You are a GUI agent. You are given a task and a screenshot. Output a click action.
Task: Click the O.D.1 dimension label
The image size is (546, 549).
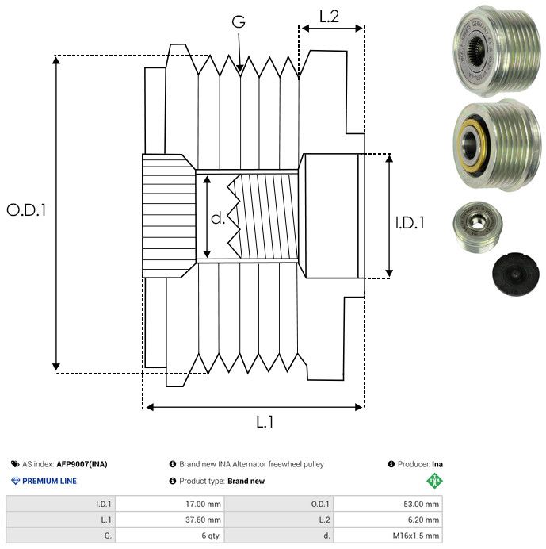(27, 211)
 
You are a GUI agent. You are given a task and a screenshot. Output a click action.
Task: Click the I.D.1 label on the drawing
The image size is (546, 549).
(410, 224)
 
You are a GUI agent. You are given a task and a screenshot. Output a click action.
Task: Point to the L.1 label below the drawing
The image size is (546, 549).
(265, 423)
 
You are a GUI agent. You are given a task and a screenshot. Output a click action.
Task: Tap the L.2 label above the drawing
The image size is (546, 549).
(330, 16)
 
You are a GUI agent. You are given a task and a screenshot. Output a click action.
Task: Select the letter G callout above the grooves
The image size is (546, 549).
(238, 23)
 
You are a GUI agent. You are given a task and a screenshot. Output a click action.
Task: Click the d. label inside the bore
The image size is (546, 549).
(218, 217)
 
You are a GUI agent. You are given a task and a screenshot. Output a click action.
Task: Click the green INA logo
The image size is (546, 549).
(434, 480)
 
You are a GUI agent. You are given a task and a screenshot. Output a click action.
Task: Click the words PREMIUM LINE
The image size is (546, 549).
(49, 481)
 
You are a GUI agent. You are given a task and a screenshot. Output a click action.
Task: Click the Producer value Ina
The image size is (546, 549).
(437, 464)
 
